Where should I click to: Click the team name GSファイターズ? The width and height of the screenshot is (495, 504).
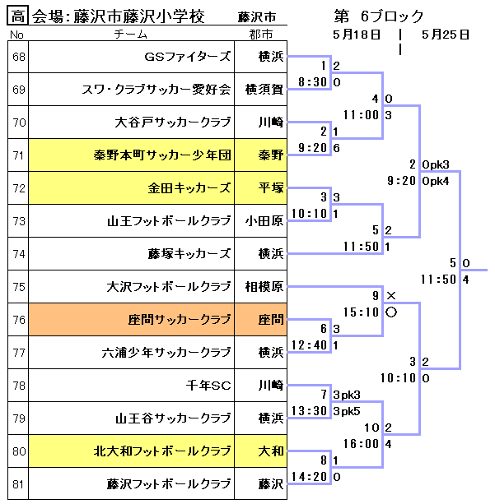[x=189, y=56]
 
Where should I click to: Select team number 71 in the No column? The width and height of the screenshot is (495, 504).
[x=18, y=155]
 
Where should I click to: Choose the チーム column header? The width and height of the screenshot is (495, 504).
[x=131, y=34]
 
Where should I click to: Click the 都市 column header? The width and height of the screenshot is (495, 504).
[x=263, y=34]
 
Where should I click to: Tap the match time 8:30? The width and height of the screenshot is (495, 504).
[x=313, y=82]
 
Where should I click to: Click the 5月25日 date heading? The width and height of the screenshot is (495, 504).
[x=445, y=35]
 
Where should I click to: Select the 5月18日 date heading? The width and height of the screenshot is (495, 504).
[x=357, y=35]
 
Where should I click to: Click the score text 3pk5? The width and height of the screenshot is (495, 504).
[x=348, y=411]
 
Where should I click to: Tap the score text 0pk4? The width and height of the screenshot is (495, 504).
[x=435, y=181]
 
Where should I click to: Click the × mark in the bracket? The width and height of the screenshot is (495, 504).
[x=390, y=295]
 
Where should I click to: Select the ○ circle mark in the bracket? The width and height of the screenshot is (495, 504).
[x=390, y=312]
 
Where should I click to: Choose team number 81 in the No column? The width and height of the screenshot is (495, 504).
[x=18, y=483]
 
